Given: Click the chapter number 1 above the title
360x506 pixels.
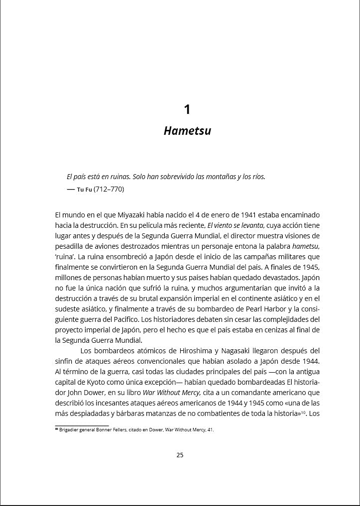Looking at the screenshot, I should [x=187, y=109].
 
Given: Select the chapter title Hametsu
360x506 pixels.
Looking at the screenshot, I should [x=187, y=131].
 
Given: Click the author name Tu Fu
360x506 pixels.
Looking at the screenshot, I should [x=84, y=190].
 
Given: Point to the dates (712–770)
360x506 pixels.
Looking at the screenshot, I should [x=109, y=190].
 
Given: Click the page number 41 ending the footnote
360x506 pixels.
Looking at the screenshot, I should [x=211, y=430].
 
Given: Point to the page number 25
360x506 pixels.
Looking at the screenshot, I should [x=180, y=455].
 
